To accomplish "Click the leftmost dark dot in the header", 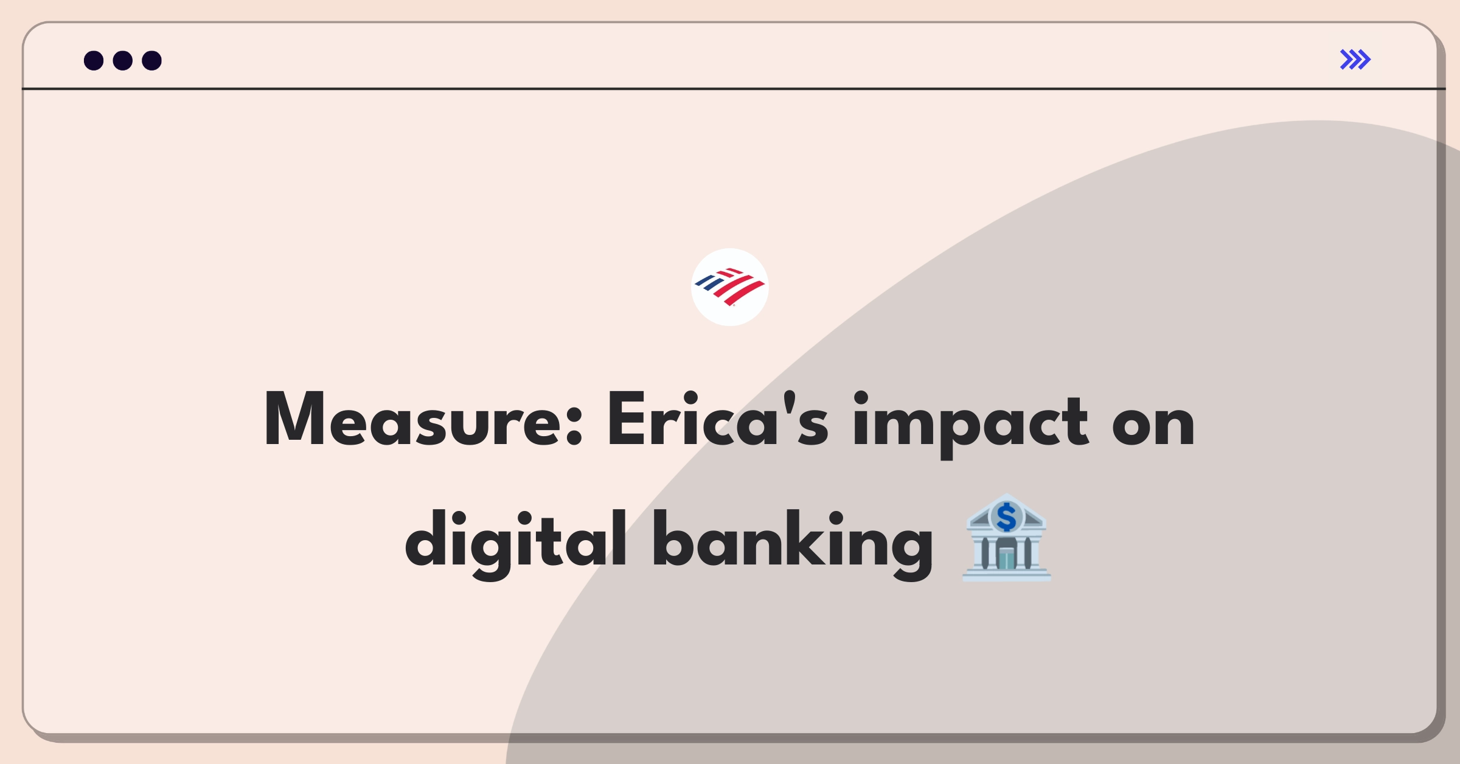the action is [x=94, y=61].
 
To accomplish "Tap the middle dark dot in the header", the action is [x=123, y=61].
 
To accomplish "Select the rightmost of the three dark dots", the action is [x=152, y=61].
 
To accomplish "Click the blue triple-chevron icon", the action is [x=1355, y=60].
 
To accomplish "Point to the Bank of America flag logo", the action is [x=730, y=287].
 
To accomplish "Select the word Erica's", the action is [x=718, y=419].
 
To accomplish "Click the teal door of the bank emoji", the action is [x=1007, y=558].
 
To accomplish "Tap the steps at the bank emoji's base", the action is [x=1007, y=575].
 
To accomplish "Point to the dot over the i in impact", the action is [x=861, y=398].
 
